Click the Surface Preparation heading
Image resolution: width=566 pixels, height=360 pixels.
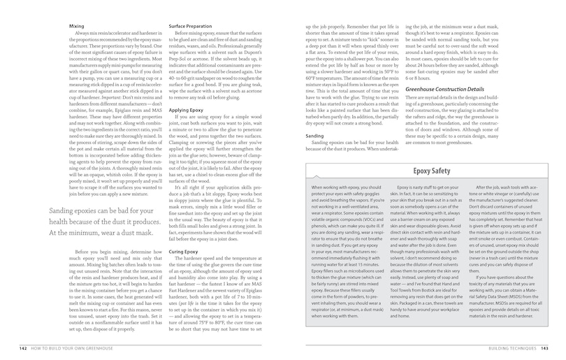pos(189,25)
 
